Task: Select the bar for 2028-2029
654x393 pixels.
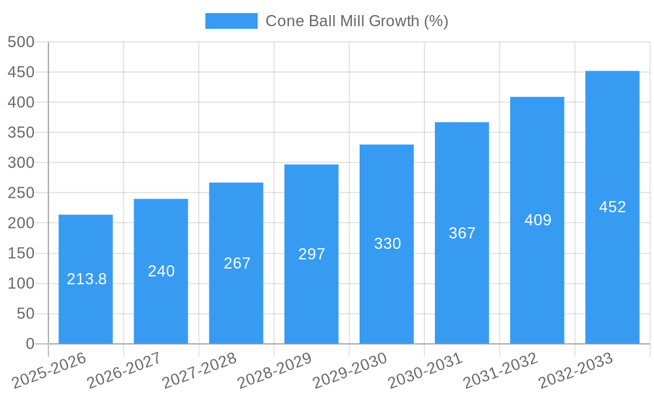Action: (x=311, y=295)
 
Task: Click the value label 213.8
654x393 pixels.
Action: (x=87, y=279)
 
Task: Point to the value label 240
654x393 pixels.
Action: (x=162, y=271)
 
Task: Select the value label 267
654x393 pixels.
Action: (x=237, y=263)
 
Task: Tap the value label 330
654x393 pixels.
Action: (x=387, y=244)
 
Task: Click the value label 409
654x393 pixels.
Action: (x=538, y=220)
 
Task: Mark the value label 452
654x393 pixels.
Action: (x=612, y=207)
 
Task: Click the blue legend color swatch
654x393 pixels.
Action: (x=231, y=21)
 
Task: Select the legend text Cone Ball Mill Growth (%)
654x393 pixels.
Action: (x=356, y=21)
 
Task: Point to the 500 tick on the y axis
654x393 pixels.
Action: (x=21, y=42)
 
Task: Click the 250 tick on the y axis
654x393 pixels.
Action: (x=21, y=193)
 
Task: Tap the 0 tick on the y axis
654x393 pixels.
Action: (x=29, y=344)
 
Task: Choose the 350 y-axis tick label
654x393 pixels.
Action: (x=21, y=132)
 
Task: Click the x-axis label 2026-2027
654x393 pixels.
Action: (x=124, y=371)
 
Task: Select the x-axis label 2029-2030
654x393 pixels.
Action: (x=350, y=371)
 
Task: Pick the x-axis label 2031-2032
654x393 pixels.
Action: (x=500, y=371)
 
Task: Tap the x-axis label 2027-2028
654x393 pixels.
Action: (x=199, y=371)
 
